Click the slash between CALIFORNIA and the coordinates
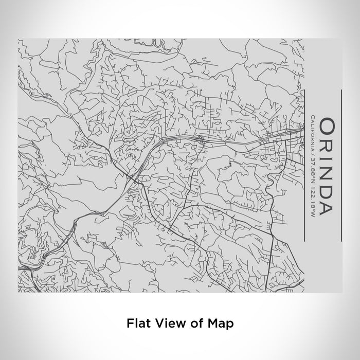click(312, 154)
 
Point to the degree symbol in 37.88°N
click(312, 179)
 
